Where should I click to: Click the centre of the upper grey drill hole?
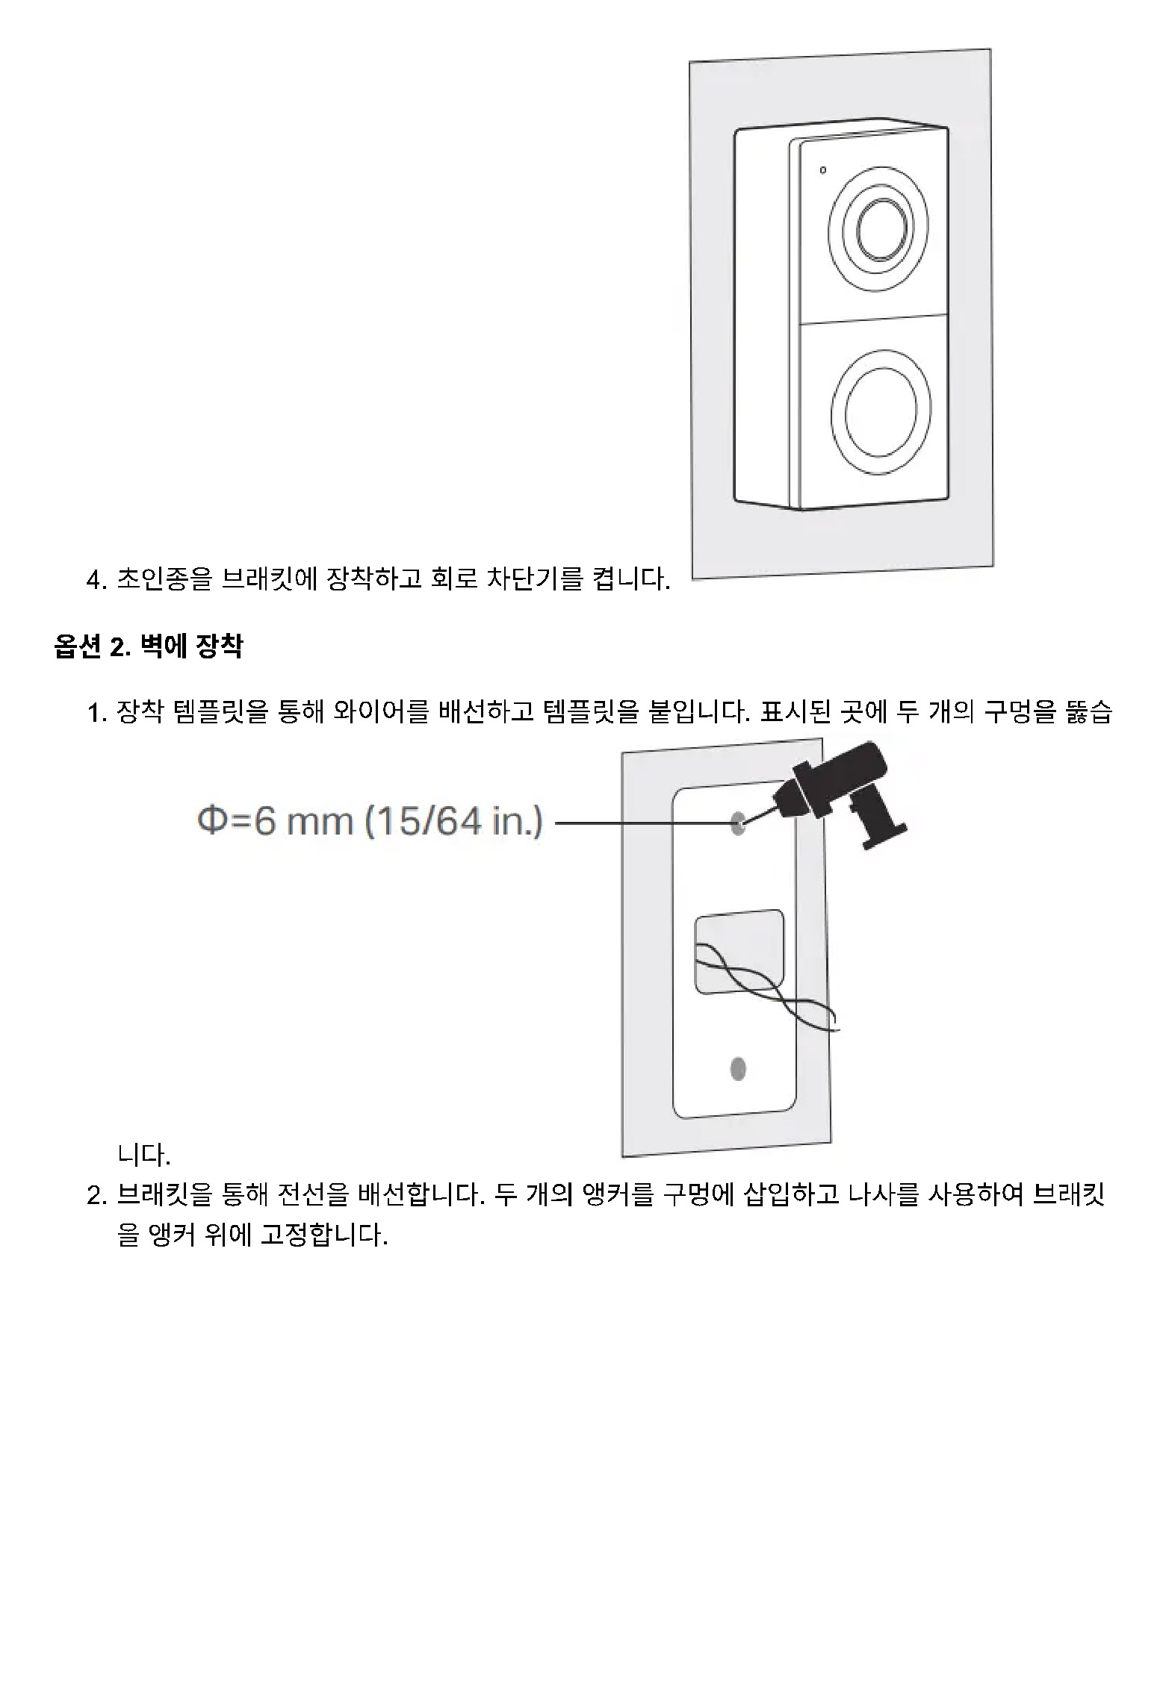coord(738,824)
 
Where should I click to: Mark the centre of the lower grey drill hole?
coord(738,1069)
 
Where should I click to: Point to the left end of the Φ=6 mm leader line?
coord(556,823)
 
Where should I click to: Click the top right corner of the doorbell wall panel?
coord(990,49)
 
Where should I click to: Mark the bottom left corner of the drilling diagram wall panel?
coord(623,1156)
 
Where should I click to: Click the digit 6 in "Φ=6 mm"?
coord(264,822)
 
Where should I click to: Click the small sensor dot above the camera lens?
coord(822,170)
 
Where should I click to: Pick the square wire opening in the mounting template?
coord(739,952)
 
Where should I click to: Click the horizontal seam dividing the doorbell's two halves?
coord(872,322)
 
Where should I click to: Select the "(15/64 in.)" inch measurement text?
coord(454,822)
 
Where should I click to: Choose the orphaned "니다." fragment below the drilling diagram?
coord(144,1155)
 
